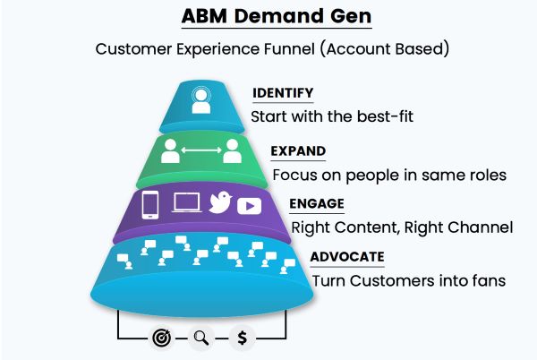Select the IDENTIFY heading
(283, 93)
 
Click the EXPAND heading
(298, 150)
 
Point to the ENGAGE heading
(317, 203)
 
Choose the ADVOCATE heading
(347, 257)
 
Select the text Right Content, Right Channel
(401, 227)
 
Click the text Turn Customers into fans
(409, 280)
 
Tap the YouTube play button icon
(250, 206)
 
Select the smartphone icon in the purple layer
(151, 205)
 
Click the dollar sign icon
(243, 339)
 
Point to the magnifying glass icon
(202, 339)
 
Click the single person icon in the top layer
(201, 99)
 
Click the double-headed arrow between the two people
(201, 150)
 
